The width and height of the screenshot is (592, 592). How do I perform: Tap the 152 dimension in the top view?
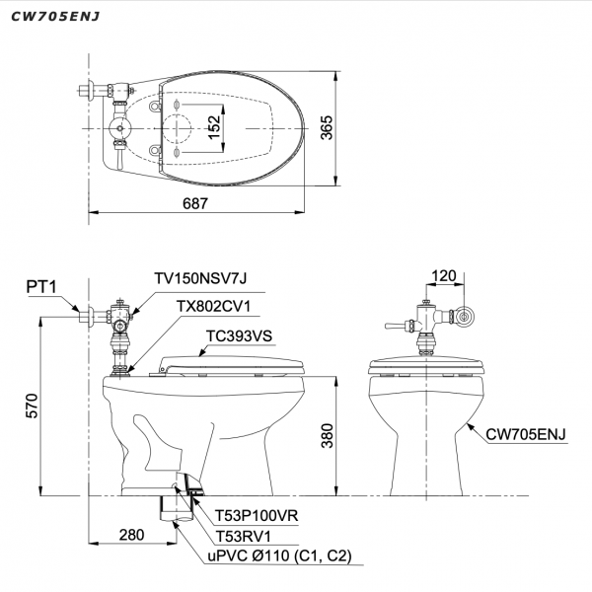(214, 126)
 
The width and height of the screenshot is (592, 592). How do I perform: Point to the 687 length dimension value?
(195, 203)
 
